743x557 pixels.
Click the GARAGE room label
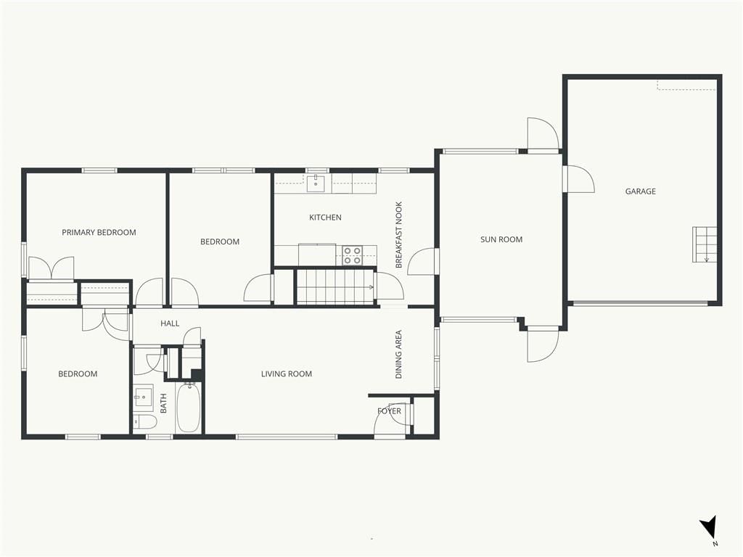(x=640, y=191)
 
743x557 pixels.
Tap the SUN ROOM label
(x=501, y=239)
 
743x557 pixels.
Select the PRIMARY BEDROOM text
(x=99, y=233)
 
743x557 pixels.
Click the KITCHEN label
(x=325, y=218)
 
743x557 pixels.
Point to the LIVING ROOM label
(x=287, y=374)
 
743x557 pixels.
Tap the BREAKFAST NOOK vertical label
(x=398, y=235)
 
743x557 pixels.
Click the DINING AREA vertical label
(x=398, y=354)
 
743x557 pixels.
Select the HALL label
(x=170, y=323)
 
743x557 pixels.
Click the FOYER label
(x=389, y=411)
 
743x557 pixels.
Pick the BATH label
(x=163, y=403)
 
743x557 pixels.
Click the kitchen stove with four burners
(x=352, y=255)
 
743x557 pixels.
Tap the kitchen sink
(x=316, y=183)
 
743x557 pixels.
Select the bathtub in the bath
(x=189, y=408)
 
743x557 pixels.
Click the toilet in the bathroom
(x=144, y=421)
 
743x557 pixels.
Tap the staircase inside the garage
(x=704, y=244)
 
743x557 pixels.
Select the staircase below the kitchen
(x=335, y=287)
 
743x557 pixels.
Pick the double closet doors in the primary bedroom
(x=52, y=268)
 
